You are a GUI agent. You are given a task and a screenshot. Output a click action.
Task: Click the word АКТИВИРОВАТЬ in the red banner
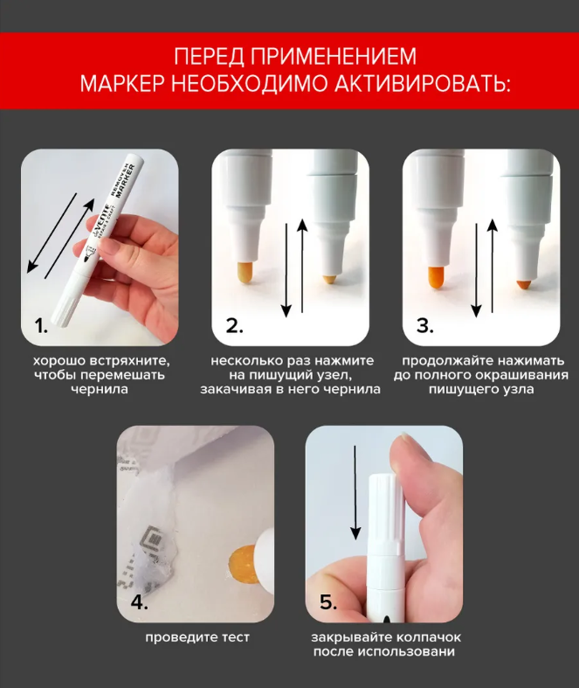[x=423, y=82]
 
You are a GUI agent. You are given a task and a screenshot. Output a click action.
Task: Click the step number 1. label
[x=41, y=326]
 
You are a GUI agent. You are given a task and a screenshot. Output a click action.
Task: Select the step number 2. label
[x=235, y=326]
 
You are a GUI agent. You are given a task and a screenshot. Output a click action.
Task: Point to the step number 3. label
[x=424, y=326]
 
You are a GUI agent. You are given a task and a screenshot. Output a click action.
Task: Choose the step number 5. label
[x=328, y=602]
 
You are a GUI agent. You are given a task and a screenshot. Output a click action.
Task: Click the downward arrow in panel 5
[x=355, y=493]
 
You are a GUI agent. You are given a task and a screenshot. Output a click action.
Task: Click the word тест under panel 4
[x=236, y=636]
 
